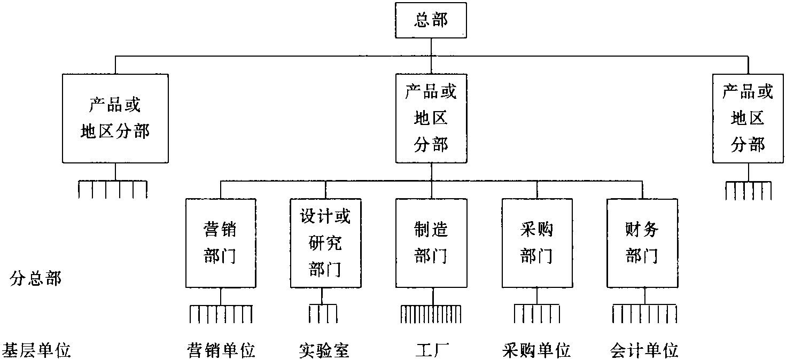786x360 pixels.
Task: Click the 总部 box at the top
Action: click(x=431, y=21)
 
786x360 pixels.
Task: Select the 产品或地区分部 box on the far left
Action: click(x=115, y=118)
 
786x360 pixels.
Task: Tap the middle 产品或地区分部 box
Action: click(x=431, y=118)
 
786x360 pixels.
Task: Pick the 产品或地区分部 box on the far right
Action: click(x=748, y=118)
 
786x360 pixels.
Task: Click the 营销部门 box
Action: click(x=220, y=243)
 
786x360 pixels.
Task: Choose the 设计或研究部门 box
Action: click(x=325, y=243)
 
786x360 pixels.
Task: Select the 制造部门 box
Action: click(x=431, y=243)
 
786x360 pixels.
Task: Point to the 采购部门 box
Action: click(x=536, y=243)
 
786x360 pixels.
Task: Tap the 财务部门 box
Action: click(x=642, y=243)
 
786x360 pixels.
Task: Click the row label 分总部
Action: click(x=35, y=279)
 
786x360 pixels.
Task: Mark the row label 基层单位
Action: click(x=36, y=351)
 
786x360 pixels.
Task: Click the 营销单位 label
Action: click(x=221, y=351)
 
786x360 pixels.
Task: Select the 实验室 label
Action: click(x=324, y=351)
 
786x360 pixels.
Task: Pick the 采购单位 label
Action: click(x=536, y=351)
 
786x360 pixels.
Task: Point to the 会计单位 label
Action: click(x=644, y=351)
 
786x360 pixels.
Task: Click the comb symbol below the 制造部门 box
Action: click(x=431, y=314)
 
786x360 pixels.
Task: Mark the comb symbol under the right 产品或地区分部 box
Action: click(x=748, y=191)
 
